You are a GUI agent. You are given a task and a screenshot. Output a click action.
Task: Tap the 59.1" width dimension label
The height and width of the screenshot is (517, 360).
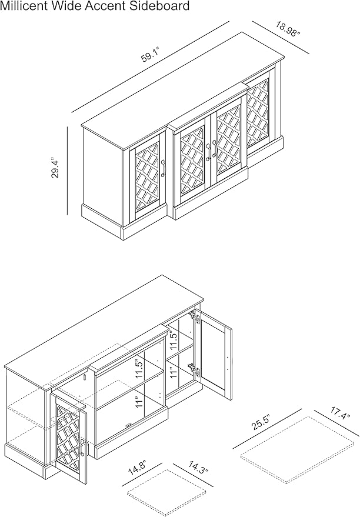point(151,55)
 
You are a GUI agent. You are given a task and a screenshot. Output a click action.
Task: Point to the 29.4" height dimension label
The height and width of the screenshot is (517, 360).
point(55,169)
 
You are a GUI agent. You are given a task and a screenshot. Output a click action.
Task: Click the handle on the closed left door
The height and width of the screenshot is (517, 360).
point(163,168)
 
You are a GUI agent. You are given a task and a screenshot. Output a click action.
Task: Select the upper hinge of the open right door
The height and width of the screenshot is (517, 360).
point(197,318)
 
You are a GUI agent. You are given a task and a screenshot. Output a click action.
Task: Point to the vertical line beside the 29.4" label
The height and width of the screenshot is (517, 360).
point(67,171)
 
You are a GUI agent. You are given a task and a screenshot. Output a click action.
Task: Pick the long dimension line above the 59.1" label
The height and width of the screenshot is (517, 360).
point(150,67)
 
